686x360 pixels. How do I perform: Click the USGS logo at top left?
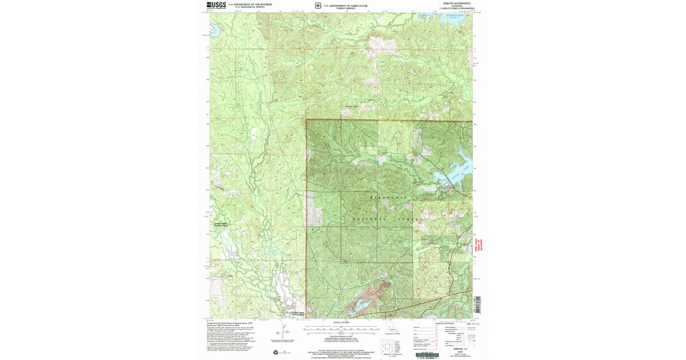coord(216,5)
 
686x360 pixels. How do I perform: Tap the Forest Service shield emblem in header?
coord(317,6)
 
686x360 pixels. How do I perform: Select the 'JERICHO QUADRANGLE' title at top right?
coord(457,3)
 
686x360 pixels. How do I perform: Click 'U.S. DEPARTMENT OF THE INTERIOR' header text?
coord(250,4)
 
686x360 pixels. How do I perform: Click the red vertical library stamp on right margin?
coord(476,246)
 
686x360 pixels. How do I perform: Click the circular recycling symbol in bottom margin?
coord(276,351)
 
